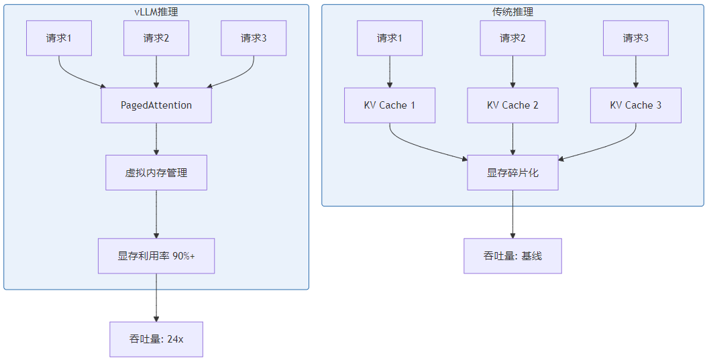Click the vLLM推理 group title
[x=156, y=11]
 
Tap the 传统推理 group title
[x=513, y=11]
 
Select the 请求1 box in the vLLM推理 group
[x=59, y=38]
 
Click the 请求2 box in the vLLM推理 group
[x=156, y=38]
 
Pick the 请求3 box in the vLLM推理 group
[x=254, y=38]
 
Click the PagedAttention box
[x=156, y=105]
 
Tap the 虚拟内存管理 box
[x=156, y=173]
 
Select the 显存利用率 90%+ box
[x=156, y=256]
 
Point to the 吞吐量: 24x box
[x=156, y=339]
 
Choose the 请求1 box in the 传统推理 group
[x=390, y=38]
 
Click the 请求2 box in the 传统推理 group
[x=513, y=38]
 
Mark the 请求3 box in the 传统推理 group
[x=636, y=38]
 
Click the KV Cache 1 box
[x=390, y=105]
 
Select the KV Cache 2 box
[x=513, y=105]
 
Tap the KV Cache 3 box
[x=636, y=105]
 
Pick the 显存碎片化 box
[x=513, y=173]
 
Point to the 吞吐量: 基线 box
[x=513, y=256]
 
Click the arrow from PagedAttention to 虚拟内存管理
[x=156, y=139]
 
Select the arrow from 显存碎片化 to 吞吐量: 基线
[x=513, y=214]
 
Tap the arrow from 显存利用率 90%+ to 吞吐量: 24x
[x=156, y=297]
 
